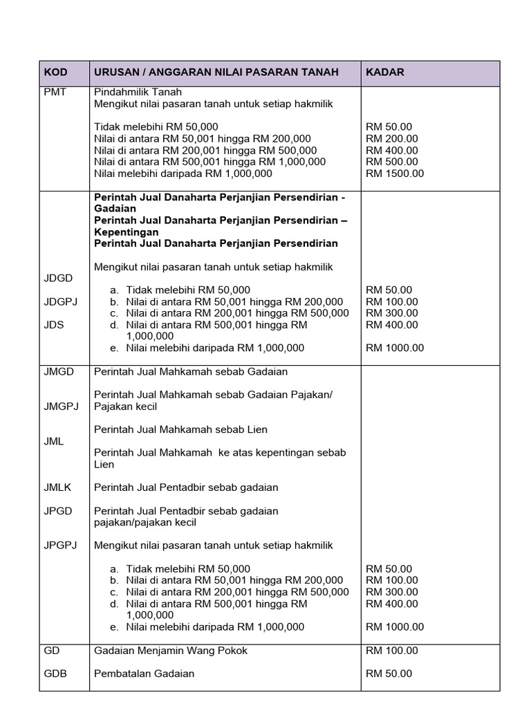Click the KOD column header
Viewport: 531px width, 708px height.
click(56, 73)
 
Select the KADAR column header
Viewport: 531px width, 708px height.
click(385, 73)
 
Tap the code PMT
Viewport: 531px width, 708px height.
click(55, 92)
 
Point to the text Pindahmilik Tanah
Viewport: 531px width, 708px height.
click(138, 92)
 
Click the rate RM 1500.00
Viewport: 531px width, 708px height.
click(395, 174)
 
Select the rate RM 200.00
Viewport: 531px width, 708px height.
click(392, 138)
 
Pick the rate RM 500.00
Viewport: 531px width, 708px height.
click(392, 162)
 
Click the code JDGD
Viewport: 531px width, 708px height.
click(58, 278)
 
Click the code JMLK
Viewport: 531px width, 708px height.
click(58, 487)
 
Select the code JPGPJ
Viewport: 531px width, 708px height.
click(61, 546)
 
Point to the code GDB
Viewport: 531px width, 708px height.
click(55, 673)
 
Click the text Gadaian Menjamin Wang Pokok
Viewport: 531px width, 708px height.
click(170, 651)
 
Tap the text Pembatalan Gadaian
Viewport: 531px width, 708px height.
click(144, 673)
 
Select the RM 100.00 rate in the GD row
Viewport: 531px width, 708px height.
click(392, 651)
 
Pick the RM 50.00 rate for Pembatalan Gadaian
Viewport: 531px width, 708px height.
click(389, 673)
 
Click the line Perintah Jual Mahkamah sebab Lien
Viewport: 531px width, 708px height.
click(180, 429)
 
